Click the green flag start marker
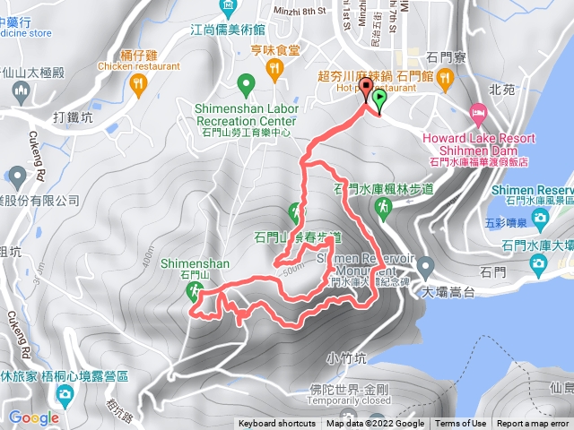coord(379,99)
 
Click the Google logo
coord(34,417)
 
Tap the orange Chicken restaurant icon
coord(137,83)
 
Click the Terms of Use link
coord(461,424)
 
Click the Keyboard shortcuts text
coord(276,424)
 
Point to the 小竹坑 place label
coord(345,358)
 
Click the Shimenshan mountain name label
coord(196,263)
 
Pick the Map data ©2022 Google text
coord(375,424)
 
